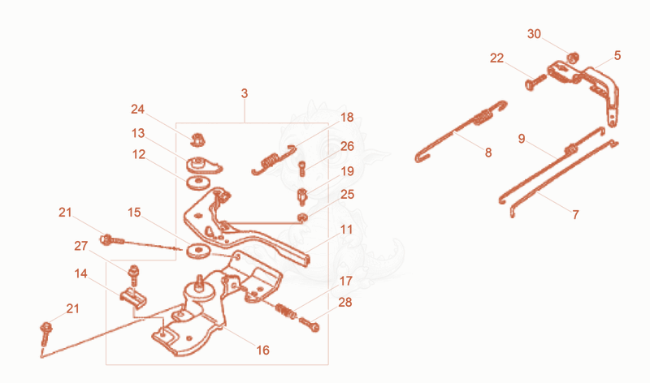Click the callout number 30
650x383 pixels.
(534, 34)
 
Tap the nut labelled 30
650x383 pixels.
(573, 58)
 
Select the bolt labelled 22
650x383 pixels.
(535, 82)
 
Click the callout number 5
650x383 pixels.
(617, 55)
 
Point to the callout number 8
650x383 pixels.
(488, 153)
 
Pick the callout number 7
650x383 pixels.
(575, 214)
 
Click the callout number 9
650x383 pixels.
(522, 139)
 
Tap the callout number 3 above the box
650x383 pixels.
(245, 93)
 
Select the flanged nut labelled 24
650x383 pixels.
(198, 140)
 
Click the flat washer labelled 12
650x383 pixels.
(198, 183)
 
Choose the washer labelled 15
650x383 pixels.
(198, 252)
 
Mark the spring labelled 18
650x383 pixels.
(274, 159)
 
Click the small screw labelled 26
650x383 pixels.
(302, 169)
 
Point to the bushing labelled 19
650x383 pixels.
(303, 196)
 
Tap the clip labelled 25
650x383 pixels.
(303, 217)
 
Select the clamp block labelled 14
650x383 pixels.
(133, 298)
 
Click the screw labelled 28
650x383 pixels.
(310, 324)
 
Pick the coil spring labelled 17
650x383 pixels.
(286, 311)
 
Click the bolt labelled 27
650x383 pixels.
(133, 275)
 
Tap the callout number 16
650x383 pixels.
(262, 351)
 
